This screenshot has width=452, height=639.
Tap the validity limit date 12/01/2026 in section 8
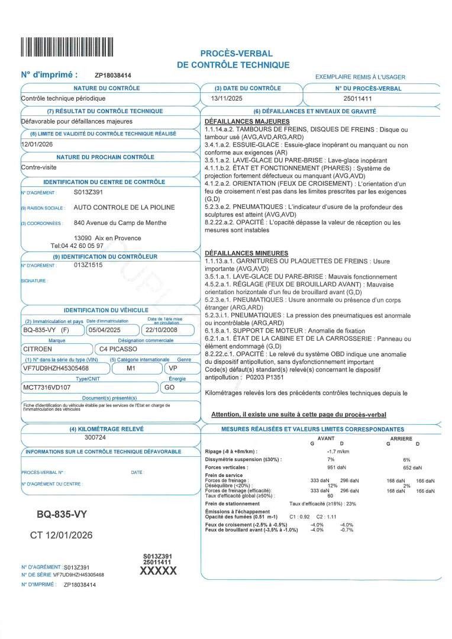[37, 144]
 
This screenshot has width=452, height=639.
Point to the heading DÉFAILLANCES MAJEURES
[238, 121]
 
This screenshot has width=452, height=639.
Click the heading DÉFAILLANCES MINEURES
[238, 253]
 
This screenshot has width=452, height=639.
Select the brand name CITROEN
[37, 349]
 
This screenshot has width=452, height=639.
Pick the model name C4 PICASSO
[119, 349]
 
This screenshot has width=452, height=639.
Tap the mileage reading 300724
[95, 438]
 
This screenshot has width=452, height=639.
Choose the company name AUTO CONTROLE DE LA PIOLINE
[124, 208]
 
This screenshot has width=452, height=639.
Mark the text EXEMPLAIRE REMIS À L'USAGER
[360, 77]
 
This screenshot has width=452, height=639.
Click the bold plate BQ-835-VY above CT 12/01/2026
[62, 515]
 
